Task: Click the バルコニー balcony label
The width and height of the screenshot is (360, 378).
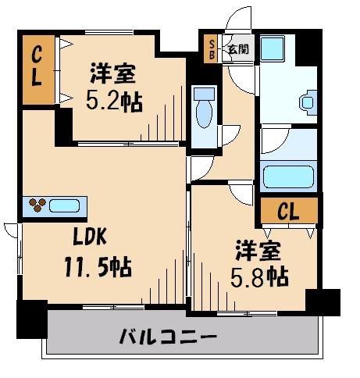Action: [168, 337]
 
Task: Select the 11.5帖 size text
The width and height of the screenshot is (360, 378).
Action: [98, 269]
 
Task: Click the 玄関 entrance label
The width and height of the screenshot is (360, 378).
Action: [237, 48]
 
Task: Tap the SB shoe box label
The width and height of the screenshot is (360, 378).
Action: [210, 48]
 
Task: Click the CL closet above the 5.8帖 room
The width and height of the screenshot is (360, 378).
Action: [289, 211]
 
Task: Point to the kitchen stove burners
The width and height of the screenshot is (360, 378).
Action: [36, 206]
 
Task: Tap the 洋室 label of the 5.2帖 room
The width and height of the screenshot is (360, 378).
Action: [112, 75]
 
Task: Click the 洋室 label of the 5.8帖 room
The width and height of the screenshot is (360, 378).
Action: [261, 251]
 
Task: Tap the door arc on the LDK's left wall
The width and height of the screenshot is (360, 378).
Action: [11, 230]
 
